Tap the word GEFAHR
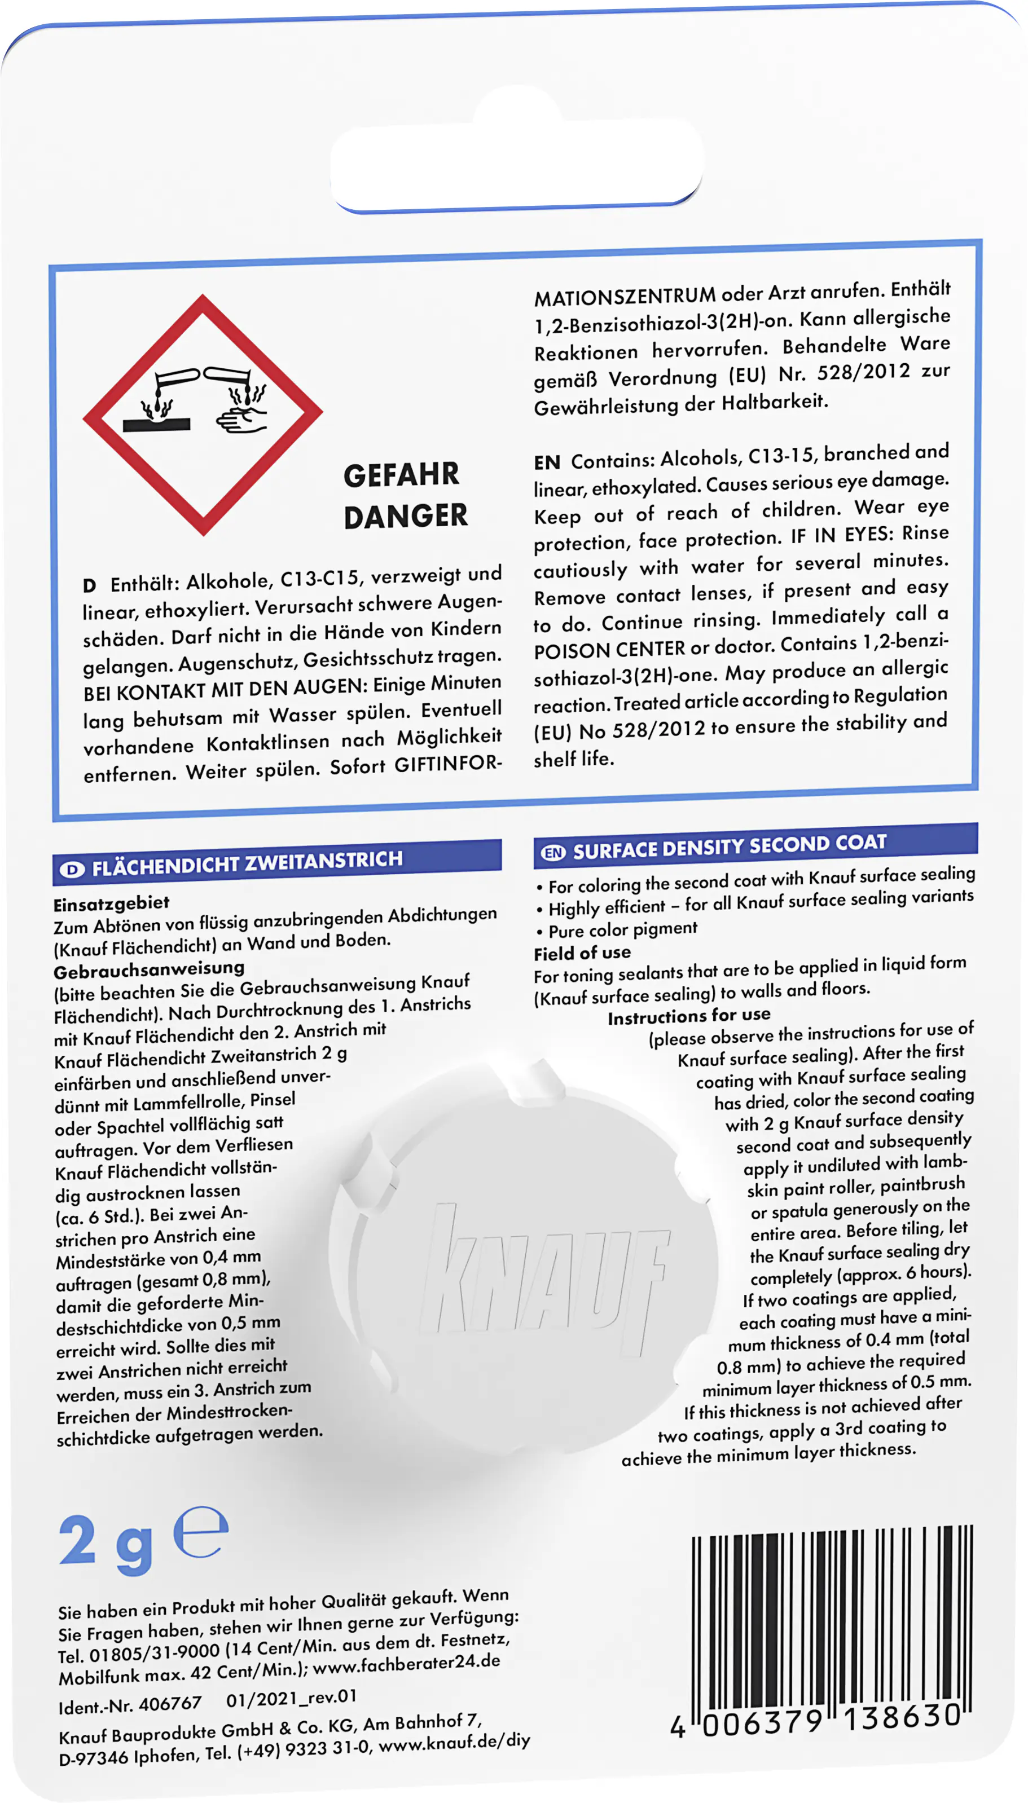(x=401, y=475)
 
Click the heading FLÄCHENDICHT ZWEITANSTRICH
(x=247, y=861)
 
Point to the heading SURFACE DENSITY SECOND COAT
(x=728, y=845)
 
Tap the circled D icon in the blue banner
(x=72, y=869)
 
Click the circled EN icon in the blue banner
(x=553, y=852)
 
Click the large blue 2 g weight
(x=106, y=1542)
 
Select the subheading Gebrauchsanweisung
(x=149, y=969)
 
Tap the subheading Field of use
(x=582, y=953)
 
